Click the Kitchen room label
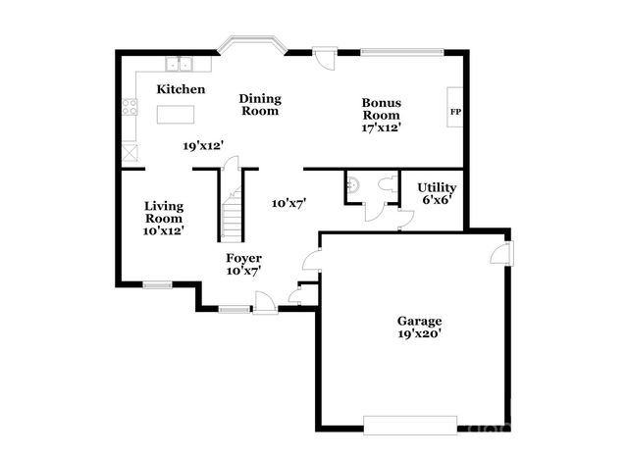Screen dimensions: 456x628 pos(181,89)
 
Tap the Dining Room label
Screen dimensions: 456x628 pos(261,104)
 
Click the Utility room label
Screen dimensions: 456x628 pos(436,187)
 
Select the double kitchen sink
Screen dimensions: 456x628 pos(180,66)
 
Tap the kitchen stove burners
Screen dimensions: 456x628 pos(130,109)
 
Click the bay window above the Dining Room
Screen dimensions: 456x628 pos(251,44)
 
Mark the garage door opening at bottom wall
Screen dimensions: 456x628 pos(409,424)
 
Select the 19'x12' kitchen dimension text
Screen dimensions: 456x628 pos(204,145)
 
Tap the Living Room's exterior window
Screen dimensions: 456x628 pos(157,285)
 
